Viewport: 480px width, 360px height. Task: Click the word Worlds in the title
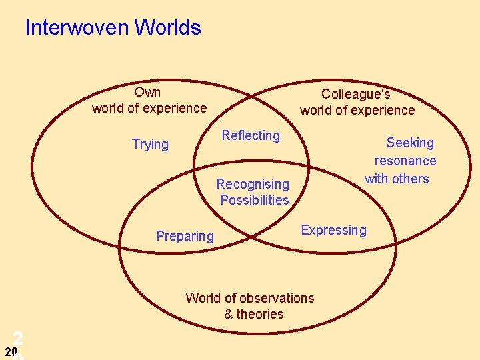[x=167, y=28]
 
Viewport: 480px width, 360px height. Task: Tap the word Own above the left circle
[x=147, y=92]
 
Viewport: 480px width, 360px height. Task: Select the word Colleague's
[x=356, y=95]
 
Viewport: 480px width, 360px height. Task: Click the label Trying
[x=150, y=145]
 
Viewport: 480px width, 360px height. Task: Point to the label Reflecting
[x=251, y=136]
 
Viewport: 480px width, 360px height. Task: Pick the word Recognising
[x=253, y=184]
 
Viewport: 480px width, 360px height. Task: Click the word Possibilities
[x=255, y=200]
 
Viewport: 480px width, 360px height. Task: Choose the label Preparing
[x=185, y=236]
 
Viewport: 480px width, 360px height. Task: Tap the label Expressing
[x=333, y=231]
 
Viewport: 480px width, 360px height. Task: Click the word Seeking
[x=410, y=143]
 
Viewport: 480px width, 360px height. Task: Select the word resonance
[x=405, y=161]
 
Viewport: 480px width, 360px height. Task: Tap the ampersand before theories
[x=229, y=314]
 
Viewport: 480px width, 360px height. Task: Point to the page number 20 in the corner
[x=11, y=351]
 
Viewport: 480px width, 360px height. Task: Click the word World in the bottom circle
[x=203, y=298]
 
